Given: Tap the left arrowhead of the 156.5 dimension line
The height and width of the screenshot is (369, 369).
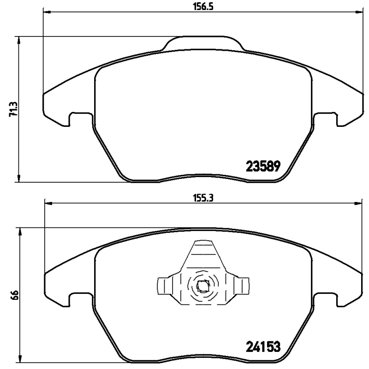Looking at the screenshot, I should click(x=46, y=11).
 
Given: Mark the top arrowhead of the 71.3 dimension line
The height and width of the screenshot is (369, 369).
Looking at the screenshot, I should click(x=19, y=41).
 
